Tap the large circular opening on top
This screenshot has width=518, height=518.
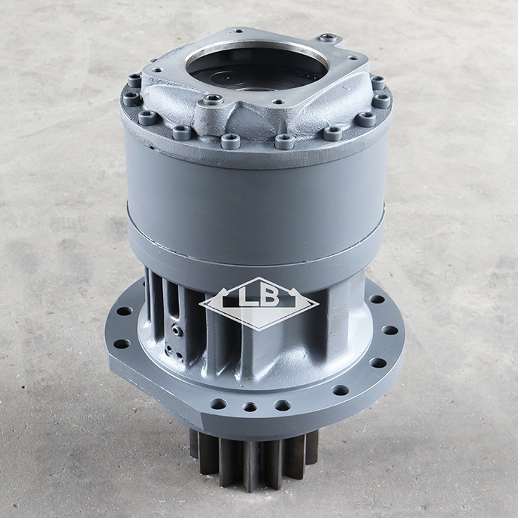click(257, 68)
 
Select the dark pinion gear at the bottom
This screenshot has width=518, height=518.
click(254, 459)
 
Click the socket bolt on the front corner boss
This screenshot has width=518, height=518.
click(212, 98)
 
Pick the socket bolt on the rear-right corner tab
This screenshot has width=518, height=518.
click(329, 38)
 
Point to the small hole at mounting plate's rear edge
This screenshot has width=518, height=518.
click(238, 31)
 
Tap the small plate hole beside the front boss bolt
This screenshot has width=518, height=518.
click(279, 102)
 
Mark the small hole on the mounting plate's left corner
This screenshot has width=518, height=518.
click(157, 70)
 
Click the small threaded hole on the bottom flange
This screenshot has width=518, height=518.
click(249, 407)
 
